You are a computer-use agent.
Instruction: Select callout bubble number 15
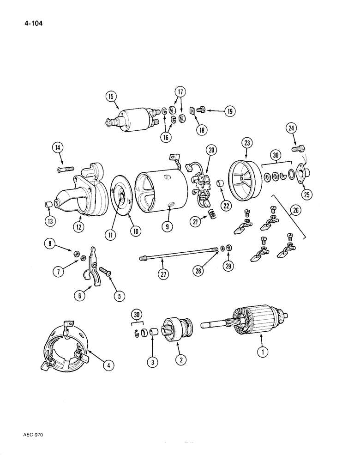pyautogui.click(x=111, y=97)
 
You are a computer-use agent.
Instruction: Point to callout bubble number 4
pyautogui.click(x=108, y=366)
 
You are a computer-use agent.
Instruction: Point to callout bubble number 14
pyautogui.click(x=58, y=148)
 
